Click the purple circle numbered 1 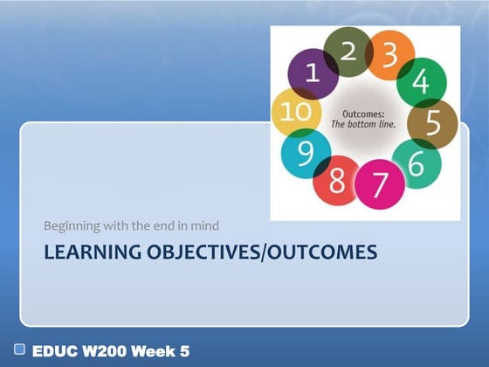click(x=308, y=74)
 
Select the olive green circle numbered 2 click(x=348, y=52)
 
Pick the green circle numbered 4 click(x=421, y=82)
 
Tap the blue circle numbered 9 click(x=306, y=154)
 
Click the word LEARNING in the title click(x=83, y=253)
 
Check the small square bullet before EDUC click(x=19, y=350)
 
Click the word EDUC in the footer click(x=55, y=351)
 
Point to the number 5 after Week click(x=184, y=351)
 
